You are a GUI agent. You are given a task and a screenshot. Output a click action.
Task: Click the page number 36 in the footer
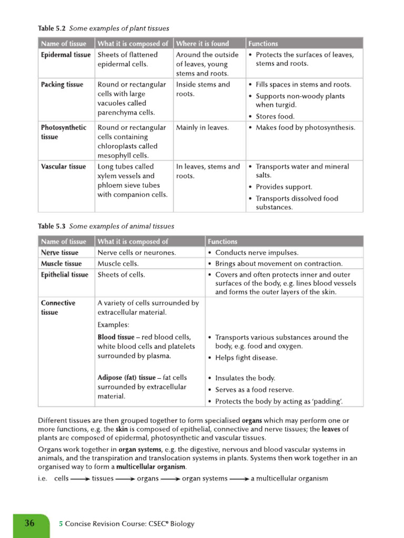pyautogui.click(x=29, y=523)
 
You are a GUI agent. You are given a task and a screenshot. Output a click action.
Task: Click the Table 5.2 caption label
pyautogui.click(x=52, y=28)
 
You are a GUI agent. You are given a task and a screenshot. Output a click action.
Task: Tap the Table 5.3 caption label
pyautogui.click(x=52, y=226)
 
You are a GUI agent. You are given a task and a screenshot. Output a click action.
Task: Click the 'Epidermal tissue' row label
pyautogui.click(x=66, y=55)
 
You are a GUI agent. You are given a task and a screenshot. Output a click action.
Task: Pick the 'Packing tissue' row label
pyautogui.click(x=62, y=85)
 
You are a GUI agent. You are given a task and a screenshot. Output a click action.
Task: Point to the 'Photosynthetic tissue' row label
pyautogui.click(x=64, y=132)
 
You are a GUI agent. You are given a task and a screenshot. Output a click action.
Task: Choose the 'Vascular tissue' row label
pyautogui.click(x=64, y=167)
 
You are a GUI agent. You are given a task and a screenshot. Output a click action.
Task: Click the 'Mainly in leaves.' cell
pyautogui.click(x=203, y=128)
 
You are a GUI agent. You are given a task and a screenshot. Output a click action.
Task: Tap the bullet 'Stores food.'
pyautogui.click(x=275, y=117)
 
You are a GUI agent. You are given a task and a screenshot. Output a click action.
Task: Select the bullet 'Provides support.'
pyautogui.click(x=284, y=187)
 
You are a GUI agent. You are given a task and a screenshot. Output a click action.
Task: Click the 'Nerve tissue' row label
pyautogui.click(x=59, y=253)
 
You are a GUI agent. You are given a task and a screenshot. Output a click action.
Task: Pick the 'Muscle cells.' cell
pyautogui.click(x=118, y=264)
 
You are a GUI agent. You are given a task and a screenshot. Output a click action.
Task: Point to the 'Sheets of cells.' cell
pyautogui.click(x=121, y=275)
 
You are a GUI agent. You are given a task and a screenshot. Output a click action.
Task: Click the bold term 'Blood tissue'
pyautogui.click(x=116, y=337)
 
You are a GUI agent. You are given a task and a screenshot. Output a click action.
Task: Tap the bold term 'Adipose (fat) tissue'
pyautogui.click(x=126, y=378)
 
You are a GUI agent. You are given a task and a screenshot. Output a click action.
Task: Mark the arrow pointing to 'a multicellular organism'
pyautogui.click(x=239, y=479)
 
